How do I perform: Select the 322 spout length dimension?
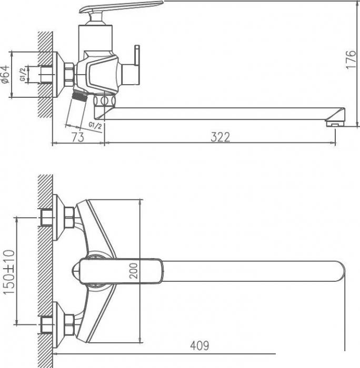(x=220, y=137)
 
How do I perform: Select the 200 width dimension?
(x=132, y=271)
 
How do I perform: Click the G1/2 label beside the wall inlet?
(x=23, y=74)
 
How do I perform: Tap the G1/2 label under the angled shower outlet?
(x=95, y=125)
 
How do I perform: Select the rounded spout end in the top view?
(x=337, y=271)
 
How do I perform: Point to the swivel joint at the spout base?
(x=104, y=100)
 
